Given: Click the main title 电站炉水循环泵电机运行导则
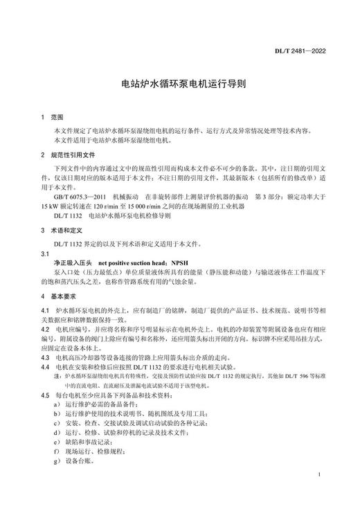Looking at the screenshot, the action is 179,87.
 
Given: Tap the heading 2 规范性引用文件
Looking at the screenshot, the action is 67,154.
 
